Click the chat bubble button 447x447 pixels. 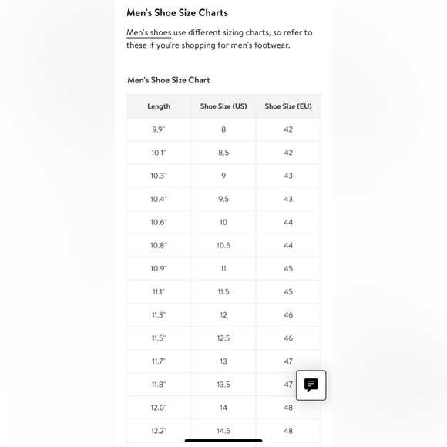pyautogui.click(x=311, y=385)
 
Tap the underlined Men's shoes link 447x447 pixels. pyautogui.click(x=149, y=32)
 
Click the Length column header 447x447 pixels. pyautogui.click(x=159, y=106)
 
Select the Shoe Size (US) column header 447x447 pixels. pyautogui.click(x=223, y=106)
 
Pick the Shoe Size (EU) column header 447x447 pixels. pyautogui.click(x=288, y=106)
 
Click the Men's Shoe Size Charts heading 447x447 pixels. pyautogui.click(x=177, y=13)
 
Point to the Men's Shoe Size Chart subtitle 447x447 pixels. pyautogui.click(x=168, y=80)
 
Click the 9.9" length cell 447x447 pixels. pyautogui.click(x=159, y=129)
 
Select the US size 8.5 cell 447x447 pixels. pyautogui.click(x=223, y=153)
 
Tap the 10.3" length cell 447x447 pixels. pyautogui.click(x=159, y=176)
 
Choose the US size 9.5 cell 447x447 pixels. pyautogui.click(x=223, y=199)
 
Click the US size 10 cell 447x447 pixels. pyautogui.click(x=223, y=222)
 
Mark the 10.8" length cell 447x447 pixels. pyautogui.click(x=159, y=245)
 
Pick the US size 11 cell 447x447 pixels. pyautogui.click(x=223, y=268)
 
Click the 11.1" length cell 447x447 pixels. pyautogui.click(x=159, y=292)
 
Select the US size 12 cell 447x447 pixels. pyautogui.click(x=223, y=315)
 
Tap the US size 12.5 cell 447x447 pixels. pyautogui.click(x=223, y=338)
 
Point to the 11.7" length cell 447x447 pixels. pyautogui.click(x=159, y=361)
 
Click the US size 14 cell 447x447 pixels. pyautogui.click(x=223, y=408)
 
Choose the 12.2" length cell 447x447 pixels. pyautogui.click(x=159, y=431)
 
